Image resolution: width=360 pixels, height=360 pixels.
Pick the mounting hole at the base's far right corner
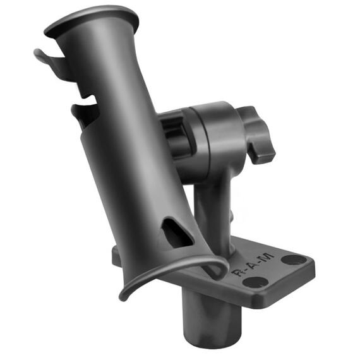click(292, 259)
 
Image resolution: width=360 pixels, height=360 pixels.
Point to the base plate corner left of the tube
click(116, 255)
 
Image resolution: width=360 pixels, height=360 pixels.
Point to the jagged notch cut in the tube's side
click(85, 111)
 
